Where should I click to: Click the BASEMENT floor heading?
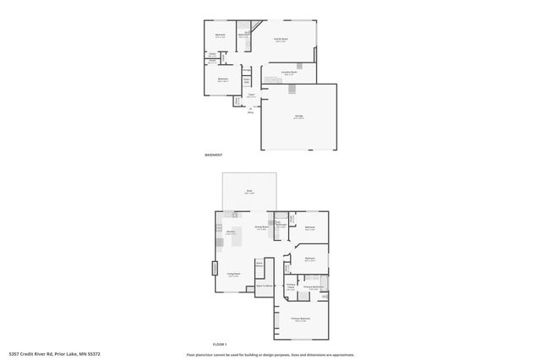click(x=214, y=155)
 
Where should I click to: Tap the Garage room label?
click(x=298, y=116)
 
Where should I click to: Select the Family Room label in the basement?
click(x=281, y=40)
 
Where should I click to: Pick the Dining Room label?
click(x=261, y=227)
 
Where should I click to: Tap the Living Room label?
click(x=234, y=274)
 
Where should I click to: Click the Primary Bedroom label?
click(x=301, y=319)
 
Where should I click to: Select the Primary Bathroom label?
click(x=314, y=287)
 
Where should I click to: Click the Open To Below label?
click(x=263, y=287)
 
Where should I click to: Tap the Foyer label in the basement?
click(x=251, y=95)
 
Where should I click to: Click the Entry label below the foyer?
click(x=250, y=111)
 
